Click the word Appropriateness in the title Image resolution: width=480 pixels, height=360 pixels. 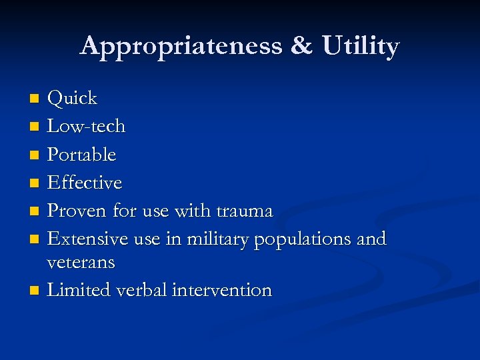180,47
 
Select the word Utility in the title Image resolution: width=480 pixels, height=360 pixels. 361,47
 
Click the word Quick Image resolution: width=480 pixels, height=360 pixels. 73,99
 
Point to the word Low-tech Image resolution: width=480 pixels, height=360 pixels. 87,126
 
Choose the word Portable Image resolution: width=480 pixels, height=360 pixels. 82,155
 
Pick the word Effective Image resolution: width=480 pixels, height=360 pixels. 85,183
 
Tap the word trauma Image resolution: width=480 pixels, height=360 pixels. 245,211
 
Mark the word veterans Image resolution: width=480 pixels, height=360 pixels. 81,263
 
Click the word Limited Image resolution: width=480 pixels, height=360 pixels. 79,291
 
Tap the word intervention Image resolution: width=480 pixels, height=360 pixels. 221,291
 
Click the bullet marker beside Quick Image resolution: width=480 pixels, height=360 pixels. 35,99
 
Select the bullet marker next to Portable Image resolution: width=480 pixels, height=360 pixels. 35,155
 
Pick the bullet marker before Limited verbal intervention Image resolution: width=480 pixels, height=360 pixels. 35,291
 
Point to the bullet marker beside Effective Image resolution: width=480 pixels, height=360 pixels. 35,183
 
